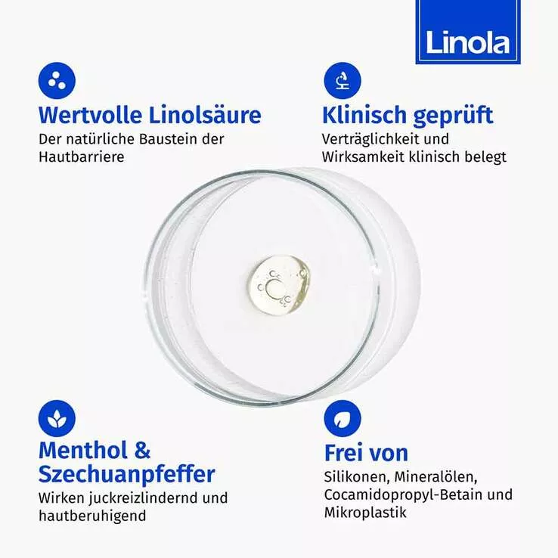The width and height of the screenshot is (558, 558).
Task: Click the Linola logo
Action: pos(467,32)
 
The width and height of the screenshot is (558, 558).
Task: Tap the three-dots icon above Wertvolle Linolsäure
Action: pos(57,80)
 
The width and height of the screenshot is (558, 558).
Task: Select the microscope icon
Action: pos(343,80)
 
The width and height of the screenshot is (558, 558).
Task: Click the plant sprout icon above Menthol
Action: pos(57,419)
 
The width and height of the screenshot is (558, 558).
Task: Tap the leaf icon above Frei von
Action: pos(343,419)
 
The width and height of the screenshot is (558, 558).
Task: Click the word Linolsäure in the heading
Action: pos(205,115)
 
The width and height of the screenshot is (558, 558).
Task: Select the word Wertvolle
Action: pos(91,115)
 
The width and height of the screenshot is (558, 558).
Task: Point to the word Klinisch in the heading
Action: pos(364,115)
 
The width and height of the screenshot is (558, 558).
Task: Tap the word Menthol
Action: pos(83,450)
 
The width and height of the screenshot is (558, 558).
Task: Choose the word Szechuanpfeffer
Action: pos(127,475)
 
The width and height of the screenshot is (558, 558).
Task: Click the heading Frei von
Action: pos(366,453)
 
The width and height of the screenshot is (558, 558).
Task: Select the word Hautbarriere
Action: pos(82,157)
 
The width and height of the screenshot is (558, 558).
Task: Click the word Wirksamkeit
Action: pos(365,157)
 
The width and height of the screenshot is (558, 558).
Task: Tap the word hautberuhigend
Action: pos(92,516)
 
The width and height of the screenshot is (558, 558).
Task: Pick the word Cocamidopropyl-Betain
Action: pos(403,495)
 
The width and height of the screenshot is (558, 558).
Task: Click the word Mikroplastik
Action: pos(365,513)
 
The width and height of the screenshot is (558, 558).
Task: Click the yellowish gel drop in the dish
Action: pos(280,285)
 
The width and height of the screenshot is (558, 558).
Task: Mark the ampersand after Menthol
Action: pos(143,450)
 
